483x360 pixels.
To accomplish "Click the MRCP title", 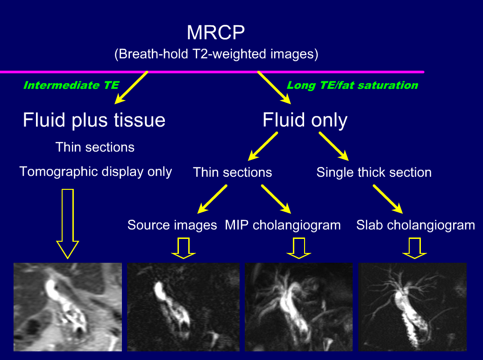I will (x=215, y=33).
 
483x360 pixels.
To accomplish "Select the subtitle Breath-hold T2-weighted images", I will (x=216, y=54).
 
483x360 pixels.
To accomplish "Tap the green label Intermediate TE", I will (x=71, y=85).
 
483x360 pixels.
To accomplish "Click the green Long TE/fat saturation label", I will (x=352, y=85).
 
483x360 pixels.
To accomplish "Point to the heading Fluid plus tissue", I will (x=94, y=120).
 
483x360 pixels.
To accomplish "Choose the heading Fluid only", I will (x=305, y=120).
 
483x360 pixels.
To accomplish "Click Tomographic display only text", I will (x=96, y=172).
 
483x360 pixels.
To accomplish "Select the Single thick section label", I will (x=374, y=172).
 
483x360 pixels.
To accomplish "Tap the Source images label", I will (x=172, y=225).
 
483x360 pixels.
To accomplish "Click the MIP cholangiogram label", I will (x=283, y=225).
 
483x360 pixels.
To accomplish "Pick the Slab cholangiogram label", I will (x=415, y=225).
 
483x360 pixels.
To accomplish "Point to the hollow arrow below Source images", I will (x=183, y=248).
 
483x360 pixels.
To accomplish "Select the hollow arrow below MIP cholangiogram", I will (x=299, y=248).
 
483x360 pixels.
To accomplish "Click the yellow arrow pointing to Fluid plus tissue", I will (x=132, y=87).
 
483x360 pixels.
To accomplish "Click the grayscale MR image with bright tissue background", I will (x=68, y=307).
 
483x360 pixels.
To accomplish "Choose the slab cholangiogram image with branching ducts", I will (x=412, y=307).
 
